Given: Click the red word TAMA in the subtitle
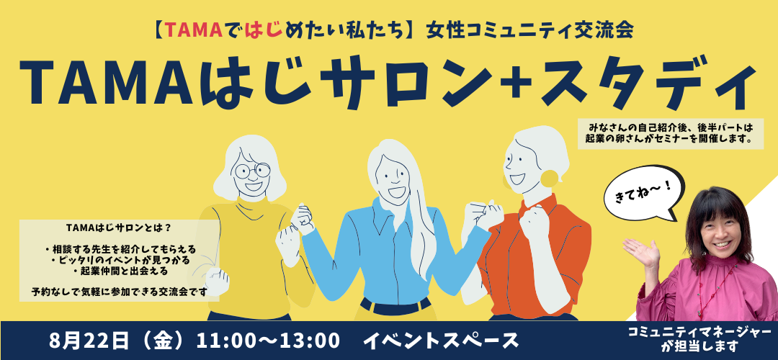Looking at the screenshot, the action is click(193, 31).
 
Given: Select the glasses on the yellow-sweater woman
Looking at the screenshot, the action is click(253, 170).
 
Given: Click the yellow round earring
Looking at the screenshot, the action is click(549, 179).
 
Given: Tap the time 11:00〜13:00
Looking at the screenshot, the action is click(268, 341).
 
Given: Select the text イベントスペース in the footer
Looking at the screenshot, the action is click(441, 341).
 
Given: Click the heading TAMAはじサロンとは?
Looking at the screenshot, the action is click(119, 228).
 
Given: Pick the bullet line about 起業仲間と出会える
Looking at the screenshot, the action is click(120, 271).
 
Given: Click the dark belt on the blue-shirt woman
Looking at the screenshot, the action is click(395, 306).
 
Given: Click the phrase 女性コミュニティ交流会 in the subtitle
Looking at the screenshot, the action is click(529, 31).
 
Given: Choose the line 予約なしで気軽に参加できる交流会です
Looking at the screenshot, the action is click(119, 291).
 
